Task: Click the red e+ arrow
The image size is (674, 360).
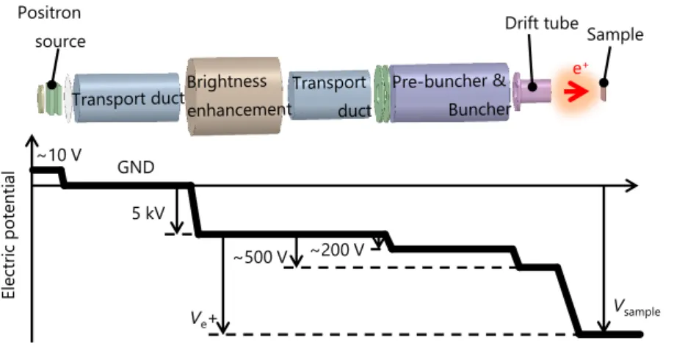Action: pos(576,92)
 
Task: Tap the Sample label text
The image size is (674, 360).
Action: pos(615,35)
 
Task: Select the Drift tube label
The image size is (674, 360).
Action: pos(542,23)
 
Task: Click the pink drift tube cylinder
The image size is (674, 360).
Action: pos(532,91)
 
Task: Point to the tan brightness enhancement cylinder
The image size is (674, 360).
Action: pos(233,96)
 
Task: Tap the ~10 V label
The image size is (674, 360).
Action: pos(59,155)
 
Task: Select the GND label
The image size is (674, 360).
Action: pos(136,167)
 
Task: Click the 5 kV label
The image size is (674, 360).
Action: pos(148,212)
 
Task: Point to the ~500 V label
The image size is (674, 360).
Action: pos(260,257)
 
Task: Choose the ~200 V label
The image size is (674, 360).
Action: pos(337,250)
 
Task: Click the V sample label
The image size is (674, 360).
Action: pos(637,308)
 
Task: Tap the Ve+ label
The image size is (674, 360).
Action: pos(204,319)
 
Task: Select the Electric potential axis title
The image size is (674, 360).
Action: pos(9,235)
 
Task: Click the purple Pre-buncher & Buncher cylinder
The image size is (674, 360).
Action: pos(449,93)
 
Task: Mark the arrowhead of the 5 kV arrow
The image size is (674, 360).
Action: pos(177,228)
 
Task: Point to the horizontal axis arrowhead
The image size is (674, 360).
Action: pos(632,186)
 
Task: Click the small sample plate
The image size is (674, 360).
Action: pos(603,93)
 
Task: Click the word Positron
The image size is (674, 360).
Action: pos(49,12)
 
